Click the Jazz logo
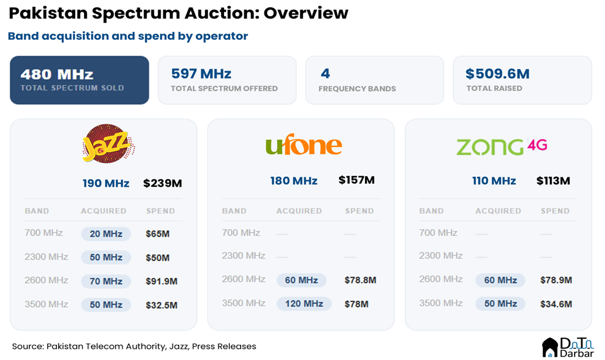(x=109, y=144)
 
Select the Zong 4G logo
(x=502, y=146)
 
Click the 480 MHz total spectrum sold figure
(x=57, y=75)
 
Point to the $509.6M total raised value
(x=498, y=74)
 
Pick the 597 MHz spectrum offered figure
(x=201, y=74)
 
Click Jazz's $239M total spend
(x=163, y=183)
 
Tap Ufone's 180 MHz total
(x=293, y=180)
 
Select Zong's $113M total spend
(x=553, y=180)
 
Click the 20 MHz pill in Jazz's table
(x=106, y=234)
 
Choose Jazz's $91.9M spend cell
(x=161, y=281)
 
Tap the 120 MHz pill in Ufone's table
(x=304, y=304)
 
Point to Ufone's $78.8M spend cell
(x=360, y=280)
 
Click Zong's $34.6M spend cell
(x=556, y=304)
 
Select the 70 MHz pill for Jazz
(x=106, y=281)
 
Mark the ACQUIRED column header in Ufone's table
(x=299, y=211)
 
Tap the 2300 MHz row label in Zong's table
(x=441, y=256)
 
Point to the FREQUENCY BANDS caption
(x=357, y=89)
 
